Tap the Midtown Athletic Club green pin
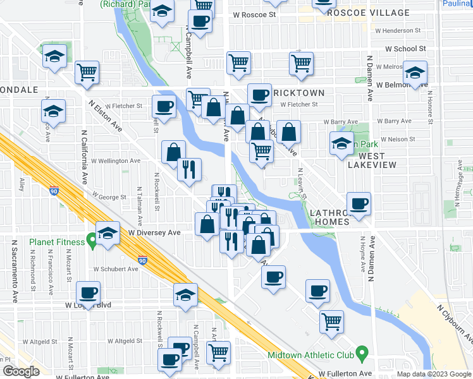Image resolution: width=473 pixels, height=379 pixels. point(362,351)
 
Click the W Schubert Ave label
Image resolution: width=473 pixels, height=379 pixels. point(116,269)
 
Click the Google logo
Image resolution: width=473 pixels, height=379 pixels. point(21,371)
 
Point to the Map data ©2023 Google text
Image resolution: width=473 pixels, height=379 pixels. point(433,374)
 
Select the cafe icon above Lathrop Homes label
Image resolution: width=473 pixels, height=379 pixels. point(359,203)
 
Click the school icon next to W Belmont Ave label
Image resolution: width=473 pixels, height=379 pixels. point(415,72)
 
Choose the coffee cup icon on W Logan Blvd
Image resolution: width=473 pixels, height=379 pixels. point(88,292)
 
